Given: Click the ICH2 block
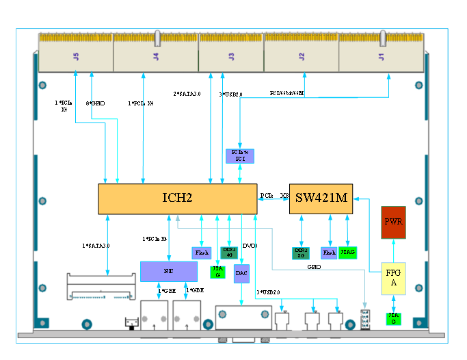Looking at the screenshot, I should (177, 198).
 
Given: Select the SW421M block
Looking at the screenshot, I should (322, 198).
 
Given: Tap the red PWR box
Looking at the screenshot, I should (393, 222).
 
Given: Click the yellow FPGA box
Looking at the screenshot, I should (393, 278).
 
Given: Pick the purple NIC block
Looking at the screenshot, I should (168, 272).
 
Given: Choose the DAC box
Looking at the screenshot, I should (241, 274).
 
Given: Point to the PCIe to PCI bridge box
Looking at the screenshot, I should (239, 155).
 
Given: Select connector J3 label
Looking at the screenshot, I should (230, 55).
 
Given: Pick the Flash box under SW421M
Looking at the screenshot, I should (329, 253).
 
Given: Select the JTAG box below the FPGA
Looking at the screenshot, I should (393, 319).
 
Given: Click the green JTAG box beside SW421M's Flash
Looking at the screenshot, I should (348, 253).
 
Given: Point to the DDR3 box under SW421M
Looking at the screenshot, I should (301, 253).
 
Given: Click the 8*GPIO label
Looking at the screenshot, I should (95, 103).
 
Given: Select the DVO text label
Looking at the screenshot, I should (250, 246).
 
